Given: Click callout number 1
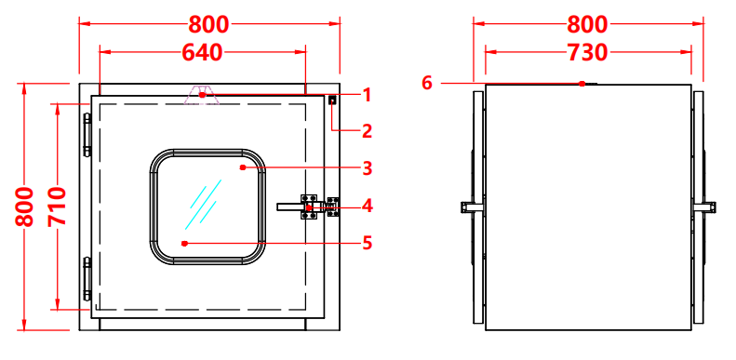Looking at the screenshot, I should [367, 94].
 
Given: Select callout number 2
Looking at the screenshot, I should [367, 131].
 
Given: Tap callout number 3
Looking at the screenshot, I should [367, 167].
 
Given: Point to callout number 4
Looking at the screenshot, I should [367, 205].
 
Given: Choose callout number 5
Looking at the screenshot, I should [367, 243].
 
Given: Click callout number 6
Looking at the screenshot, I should [427, 83].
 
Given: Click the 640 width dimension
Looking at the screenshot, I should [202, 52].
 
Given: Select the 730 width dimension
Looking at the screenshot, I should [587, 52].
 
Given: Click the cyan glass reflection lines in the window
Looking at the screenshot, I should [206, 206].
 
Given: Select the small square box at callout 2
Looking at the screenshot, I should [332, 100].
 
